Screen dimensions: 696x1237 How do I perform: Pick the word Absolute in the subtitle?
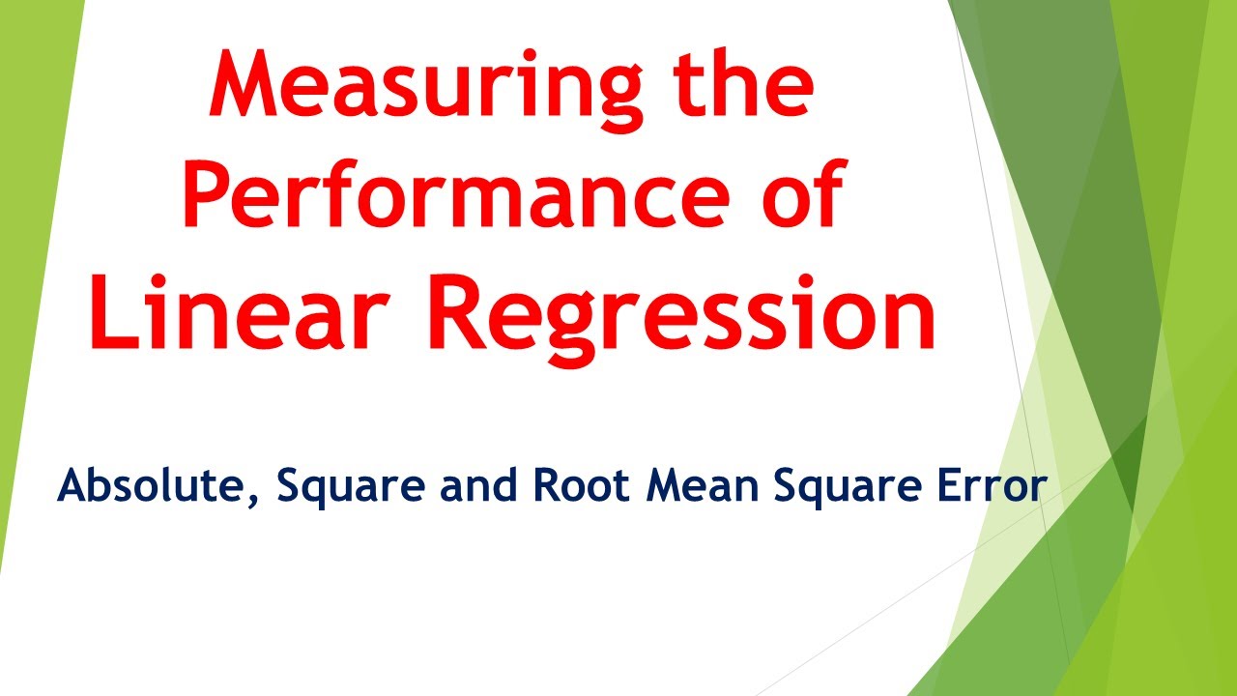pyautogui.click(x=155, y=486)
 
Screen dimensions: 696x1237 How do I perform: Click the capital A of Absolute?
pyautogui.click(x=73, y=486)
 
